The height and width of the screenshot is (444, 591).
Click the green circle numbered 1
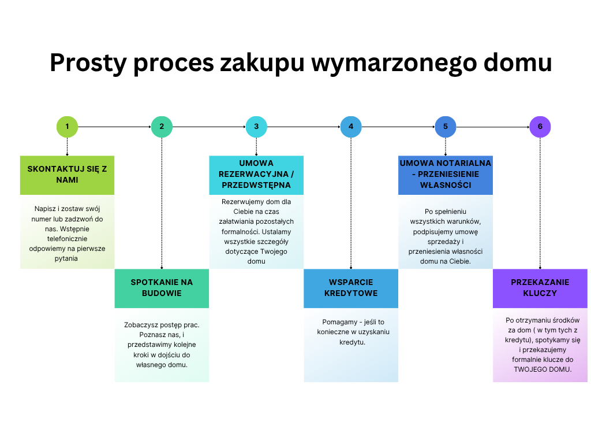[67, 127]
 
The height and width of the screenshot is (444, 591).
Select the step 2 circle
[162, 127]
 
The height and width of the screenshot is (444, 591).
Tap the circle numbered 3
[256, 127]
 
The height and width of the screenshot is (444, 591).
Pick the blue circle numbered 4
[351, 127]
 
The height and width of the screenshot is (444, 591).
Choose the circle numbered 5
[446, 127]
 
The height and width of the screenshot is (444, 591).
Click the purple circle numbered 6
[540, 127]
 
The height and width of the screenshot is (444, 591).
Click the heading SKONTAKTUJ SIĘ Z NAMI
[67, 175]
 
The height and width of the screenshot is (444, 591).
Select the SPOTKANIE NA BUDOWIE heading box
[162, 288]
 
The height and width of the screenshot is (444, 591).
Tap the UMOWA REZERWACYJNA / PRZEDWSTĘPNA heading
[256, 175]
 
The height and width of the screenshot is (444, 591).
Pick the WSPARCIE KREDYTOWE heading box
[351, 288]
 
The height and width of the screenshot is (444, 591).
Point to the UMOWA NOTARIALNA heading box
[446, 175]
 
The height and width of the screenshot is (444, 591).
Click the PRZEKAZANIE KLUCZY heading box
[540, 288]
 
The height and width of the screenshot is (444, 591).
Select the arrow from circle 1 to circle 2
[114, 127]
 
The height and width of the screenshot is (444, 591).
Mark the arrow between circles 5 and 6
[493, 127]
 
